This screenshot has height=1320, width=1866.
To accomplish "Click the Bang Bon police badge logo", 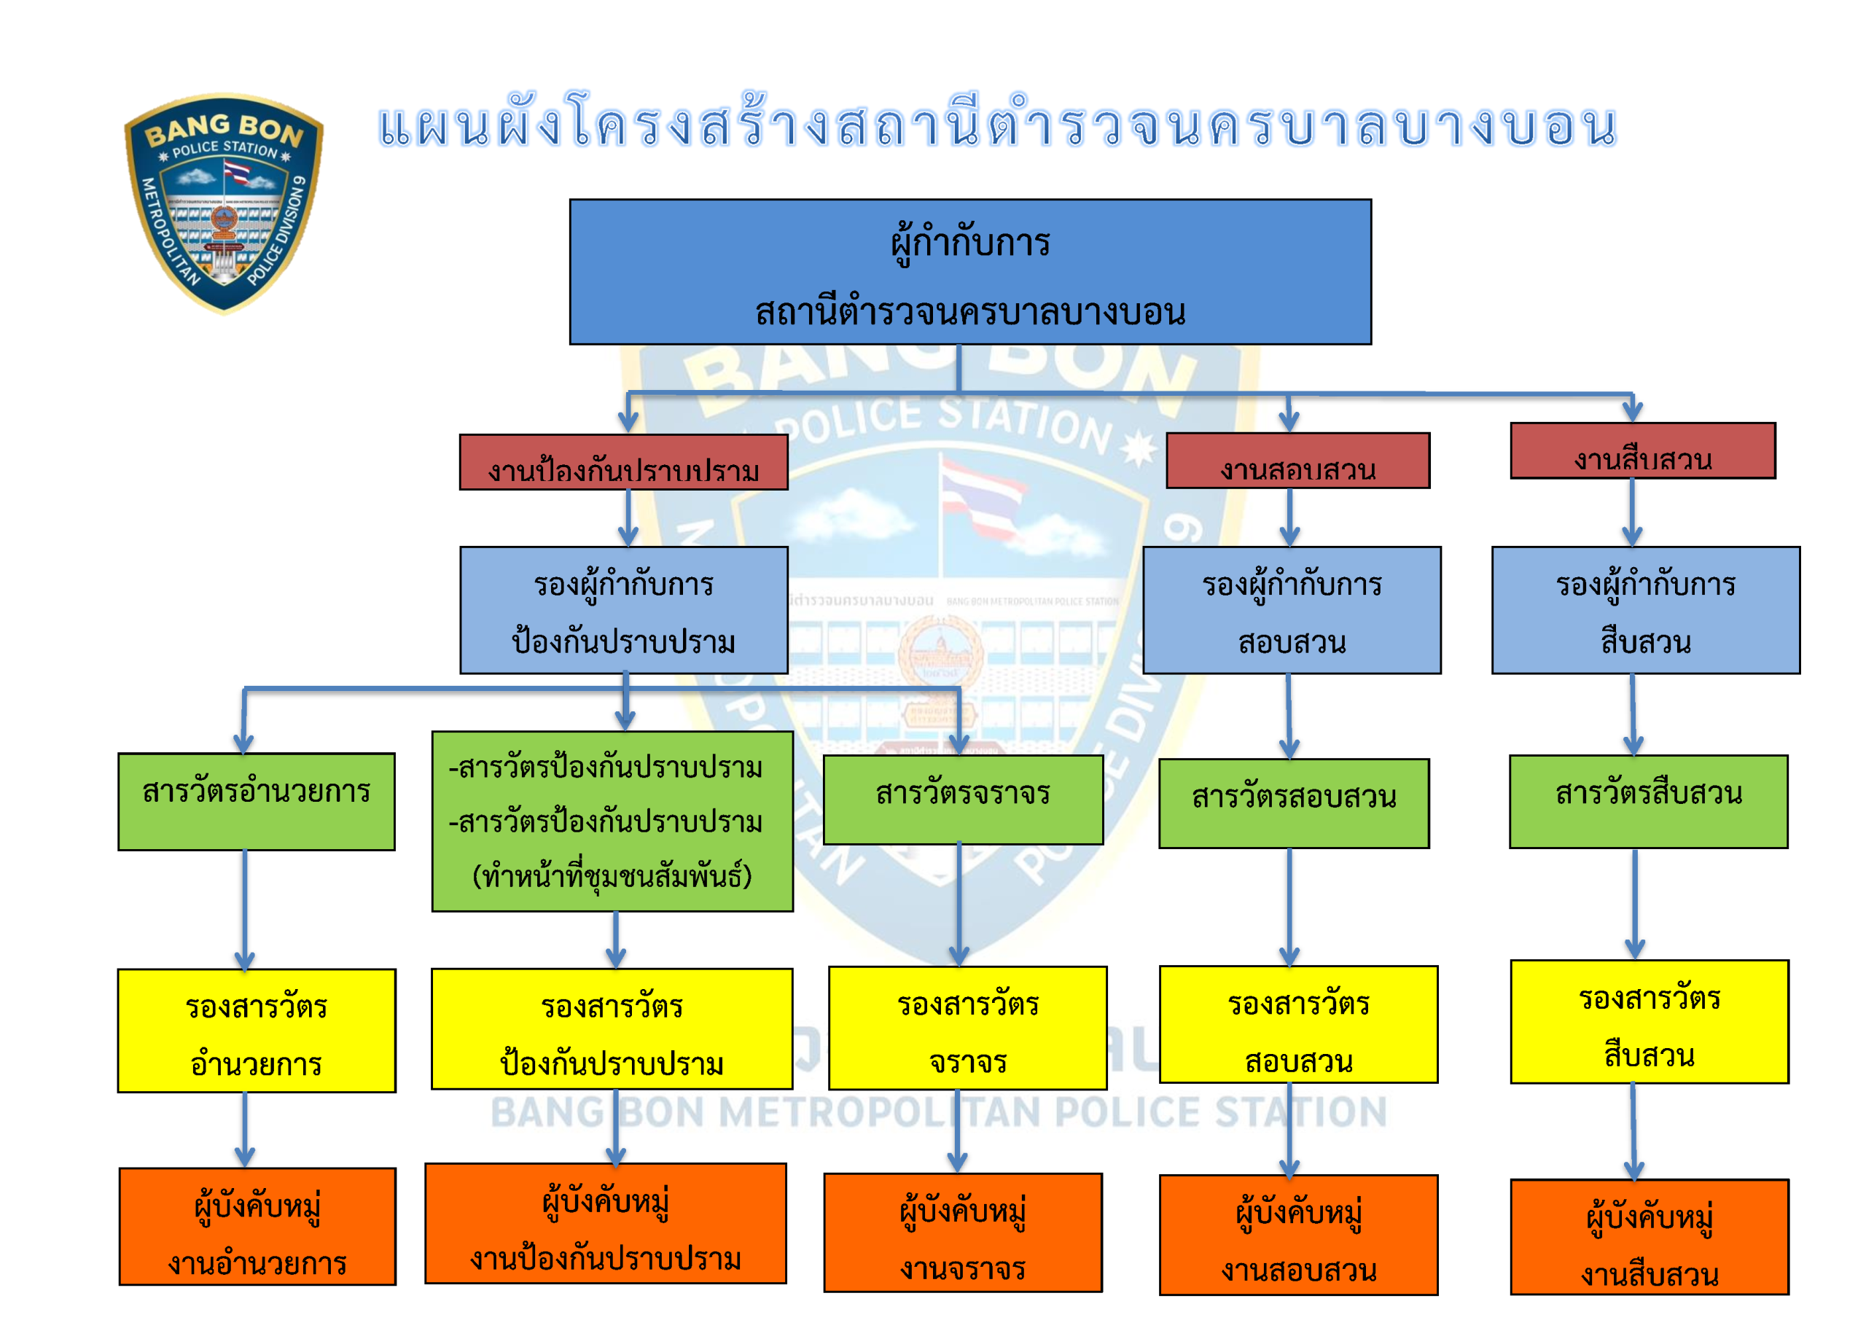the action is tap(224, 203).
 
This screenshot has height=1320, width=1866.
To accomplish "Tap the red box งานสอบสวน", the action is tap(1298, 461).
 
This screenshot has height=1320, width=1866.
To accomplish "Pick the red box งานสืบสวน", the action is tap(1642, 451).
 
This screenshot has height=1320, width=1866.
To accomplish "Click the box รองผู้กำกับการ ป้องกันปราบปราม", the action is tap(623, 610).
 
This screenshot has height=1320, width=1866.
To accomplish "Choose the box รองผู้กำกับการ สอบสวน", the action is tap(1292, 610).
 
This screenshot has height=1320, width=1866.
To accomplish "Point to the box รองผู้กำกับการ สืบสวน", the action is tap(1646, 610).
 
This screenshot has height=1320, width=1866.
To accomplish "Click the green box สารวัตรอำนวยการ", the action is tap(257, 802).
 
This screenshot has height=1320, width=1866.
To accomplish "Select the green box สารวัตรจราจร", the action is tap(963, 800).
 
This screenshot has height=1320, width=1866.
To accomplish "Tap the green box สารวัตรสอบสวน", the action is tap(1294, 804).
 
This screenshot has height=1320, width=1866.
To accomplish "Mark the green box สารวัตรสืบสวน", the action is tap(1648, 802).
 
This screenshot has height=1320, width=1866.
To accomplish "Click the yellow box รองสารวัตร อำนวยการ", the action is tap(257, 1031).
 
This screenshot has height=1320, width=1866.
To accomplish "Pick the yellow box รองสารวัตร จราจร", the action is tap(968, 1028).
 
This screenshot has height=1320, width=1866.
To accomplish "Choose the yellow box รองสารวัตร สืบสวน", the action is tap(1649, 1022).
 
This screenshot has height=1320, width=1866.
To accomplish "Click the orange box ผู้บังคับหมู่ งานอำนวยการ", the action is tap(257, 1227).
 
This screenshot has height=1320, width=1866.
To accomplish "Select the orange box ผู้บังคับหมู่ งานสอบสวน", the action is tap(1299, 1235).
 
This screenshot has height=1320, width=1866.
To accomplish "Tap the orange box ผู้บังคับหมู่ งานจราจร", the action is tap(963, 1233).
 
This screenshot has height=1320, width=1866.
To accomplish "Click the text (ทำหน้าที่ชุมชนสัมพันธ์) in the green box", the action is tap(612, 876).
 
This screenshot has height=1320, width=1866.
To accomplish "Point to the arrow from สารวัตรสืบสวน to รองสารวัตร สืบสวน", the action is tap(1635, 905).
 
